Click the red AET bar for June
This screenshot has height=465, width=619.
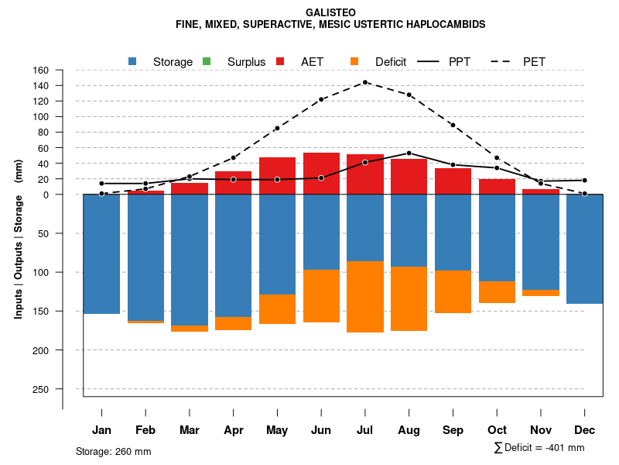(321, 174)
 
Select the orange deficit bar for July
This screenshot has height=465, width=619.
(365, 297)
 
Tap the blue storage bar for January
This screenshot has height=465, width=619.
(101, 254)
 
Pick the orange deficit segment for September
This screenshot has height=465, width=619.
(453, 292)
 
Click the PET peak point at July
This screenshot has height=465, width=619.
(365, 82)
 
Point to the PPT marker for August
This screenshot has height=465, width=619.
(409, 153)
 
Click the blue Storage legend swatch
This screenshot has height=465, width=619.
(132, 61)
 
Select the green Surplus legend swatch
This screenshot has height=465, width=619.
(207, 61)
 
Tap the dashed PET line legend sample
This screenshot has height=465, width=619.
(508, 61)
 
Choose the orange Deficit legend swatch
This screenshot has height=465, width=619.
(354, 61)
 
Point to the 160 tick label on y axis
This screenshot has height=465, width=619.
(41, 70)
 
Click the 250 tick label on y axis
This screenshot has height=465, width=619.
(41, 389)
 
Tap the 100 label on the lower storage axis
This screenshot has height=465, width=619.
(41, 273)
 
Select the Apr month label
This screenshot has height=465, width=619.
(234, 430)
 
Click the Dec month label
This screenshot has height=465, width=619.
(585, 430)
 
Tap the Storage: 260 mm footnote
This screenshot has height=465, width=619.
(114, 451)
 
